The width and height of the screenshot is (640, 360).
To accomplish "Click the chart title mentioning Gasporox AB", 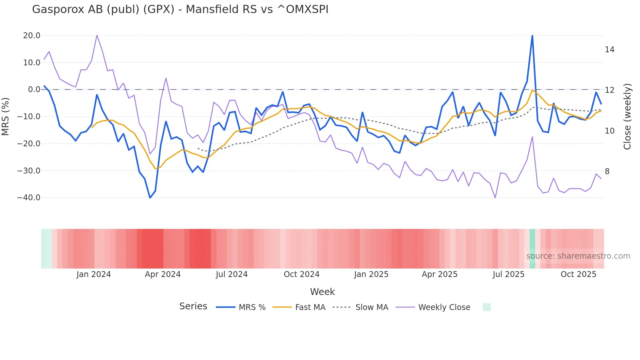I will (x=180, y=9).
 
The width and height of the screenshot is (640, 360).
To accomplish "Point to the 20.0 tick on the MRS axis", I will (x=32, y=36).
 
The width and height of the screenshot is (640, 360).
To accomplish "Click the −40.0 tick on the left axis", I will (x=29, y=198).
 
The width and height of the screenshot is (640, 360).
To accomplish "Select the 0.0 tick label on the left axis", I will (x=34, y=90).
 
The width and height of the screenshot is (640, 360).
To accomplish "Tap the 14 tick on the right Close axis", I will (x=609, y=50).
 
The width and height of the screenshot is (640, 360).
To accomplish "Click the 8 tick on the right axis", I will (x=607, y=172).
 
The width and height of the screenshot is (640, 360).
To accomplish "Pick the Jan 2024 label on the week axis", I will (x=94, y=274).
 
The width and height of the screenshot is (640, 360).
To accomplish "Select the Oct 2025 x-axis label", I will (x=578, y=274).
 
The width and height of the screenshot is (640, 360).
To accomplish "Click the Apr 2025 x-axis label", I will (x=440, y=274).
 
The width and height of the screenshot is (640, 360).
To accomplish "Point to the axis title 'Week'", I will (x=322, y=292).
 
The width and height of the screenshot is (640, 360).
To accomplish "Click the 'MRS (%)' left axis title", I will (x=6, y=116).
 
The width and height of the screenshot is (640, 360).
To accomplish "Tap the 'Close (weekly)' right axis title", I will (x=627, y=116).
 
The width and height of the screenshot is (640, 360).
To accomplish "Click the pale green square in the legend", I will (x=487, y=307).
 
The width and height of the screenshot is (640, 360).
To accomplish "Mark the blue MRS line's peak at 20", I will (x=532, y=36).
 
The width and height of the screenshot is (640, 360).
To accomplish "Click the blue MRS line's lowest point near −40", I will (x=150, y=198).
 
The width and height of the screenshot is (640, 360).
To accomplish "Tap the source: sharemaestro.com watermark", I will (x=578, y=256).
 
